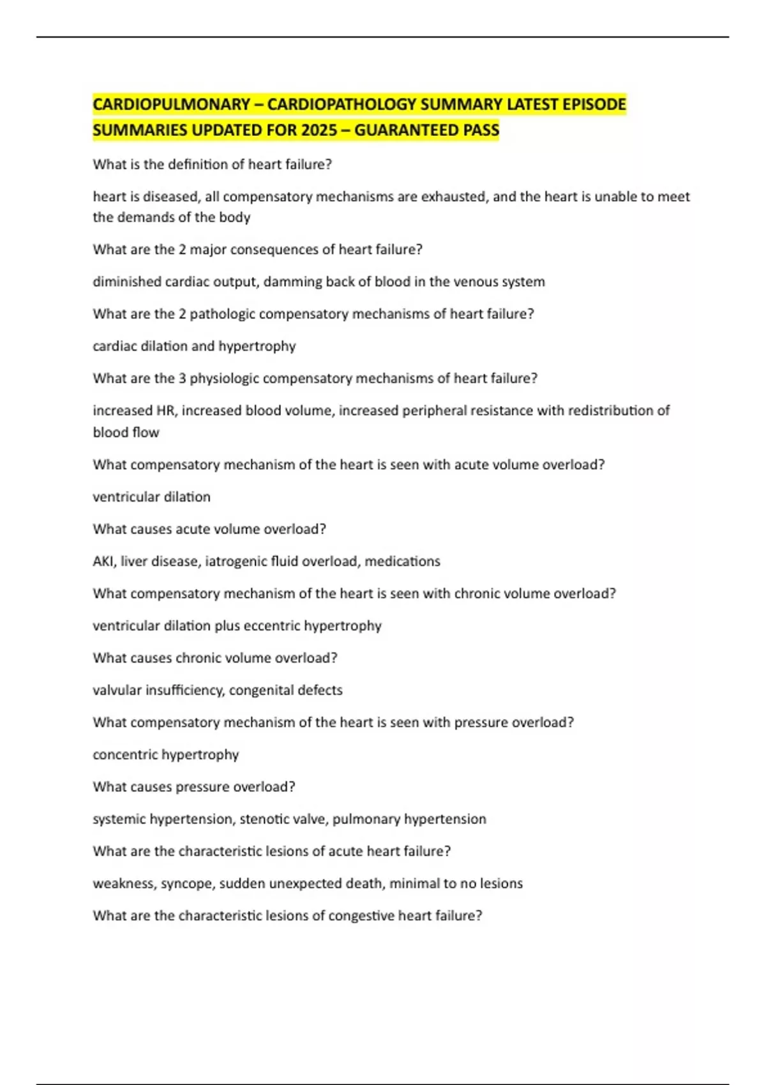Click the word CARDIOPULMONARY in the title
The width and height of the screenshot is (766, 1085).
[171, 104]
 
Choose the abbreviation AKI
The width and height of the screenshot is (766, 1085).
[103, 562]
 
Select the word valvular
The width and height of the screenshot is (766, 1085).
[117, 691]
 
